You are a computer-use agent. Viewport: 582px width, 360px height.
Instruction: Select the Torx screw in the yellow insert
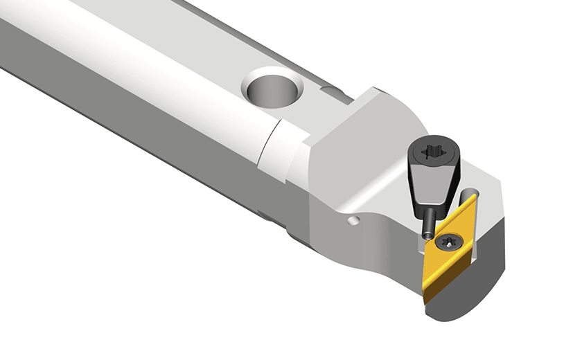tap(447, 242)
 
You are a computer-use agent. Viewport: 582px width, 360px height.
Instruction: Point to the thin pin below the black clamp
tap(429, 221)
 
